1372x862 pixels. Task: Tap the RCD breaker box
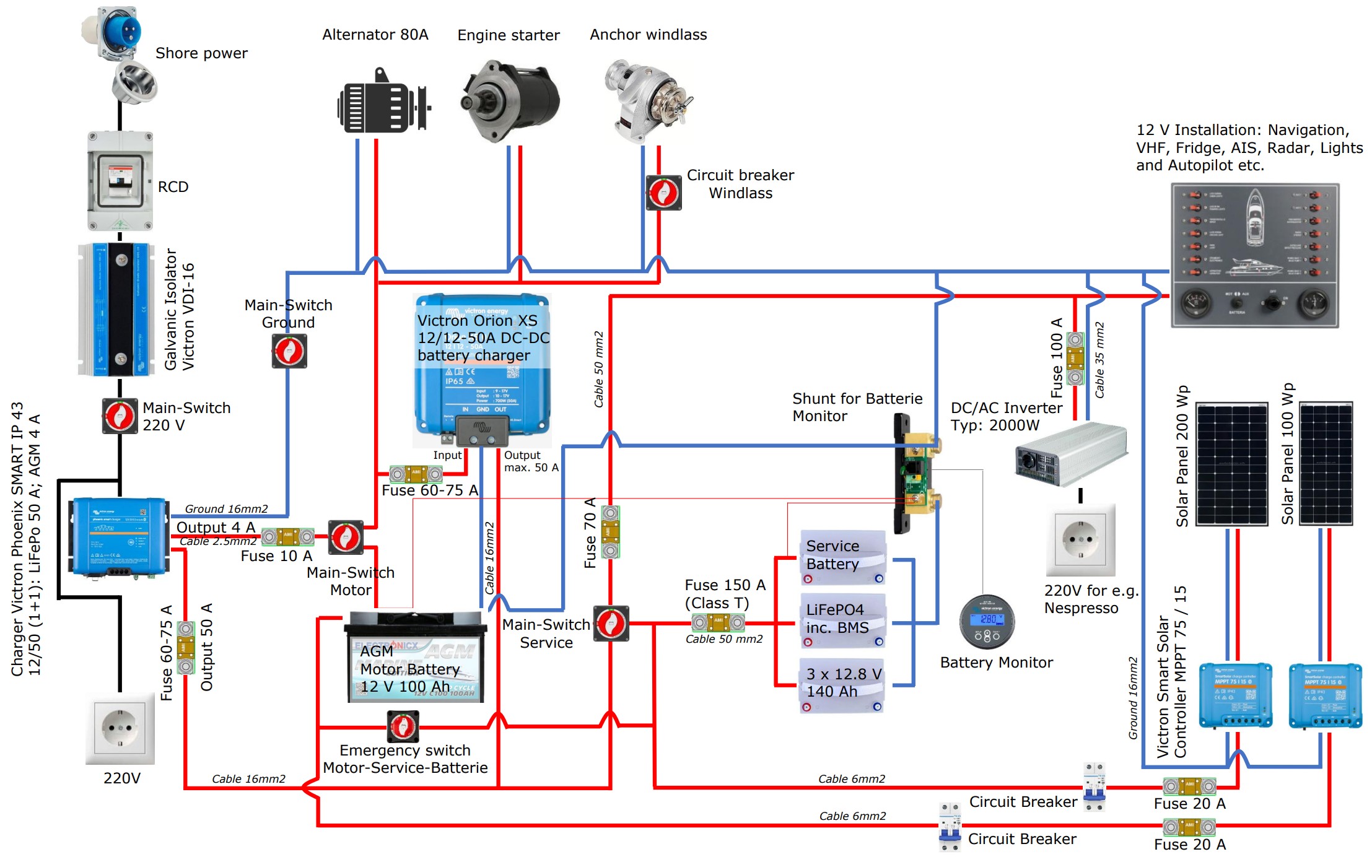tap(120, 180)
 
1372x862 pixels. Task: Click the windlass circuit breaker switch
tap(663, 193)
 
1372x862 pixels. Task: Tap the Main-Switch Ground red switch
tap(289, 351)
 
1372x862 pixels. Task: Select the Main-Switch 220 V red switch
tap(120, 416)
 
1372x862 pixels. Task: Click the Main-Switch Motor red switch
tap(346, 537)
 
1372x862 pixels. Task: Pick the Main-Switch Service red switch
tap(611, 623)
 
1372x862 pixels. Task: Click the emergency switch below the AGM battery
tap(403, 726)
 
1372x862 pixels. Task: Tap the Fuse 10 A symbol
tap(288, 536)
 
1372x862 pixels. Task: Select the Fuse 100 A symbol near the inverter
tap(1075, 359)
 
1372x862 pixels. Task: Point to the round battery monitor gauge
tap(987, 621)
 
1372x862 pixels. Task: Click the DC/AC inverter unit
tap(1070, 453)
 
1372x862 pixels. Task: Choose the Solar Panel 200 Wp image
tap(1231, 464)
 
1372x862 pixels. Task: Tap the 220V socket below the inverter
tap(1081, 539)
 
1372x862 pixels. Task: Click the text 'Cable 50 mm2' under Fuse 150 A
tap(723, 639)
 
